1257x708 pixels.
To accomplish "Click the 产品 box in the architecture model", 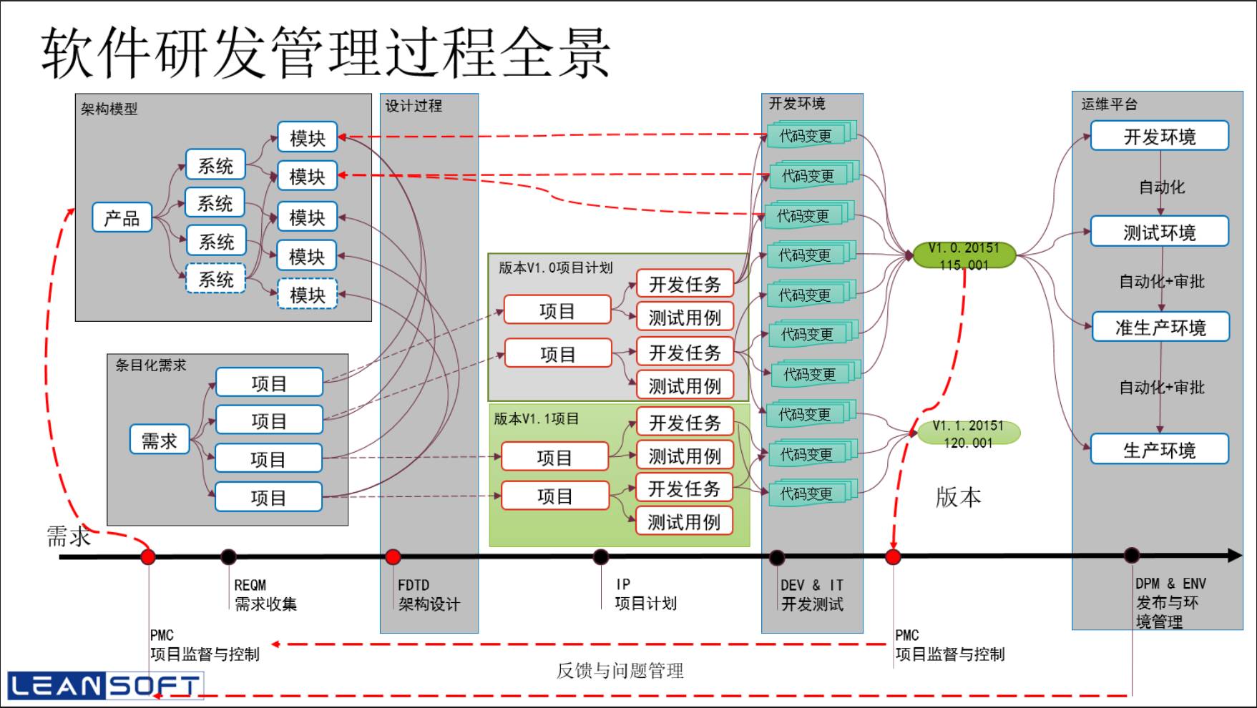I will [x=122, y=218].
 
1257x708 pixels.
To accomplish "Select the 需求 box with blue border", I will [x=159, y=441].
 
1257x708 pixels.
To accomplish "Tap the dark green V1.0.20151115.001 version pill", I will [x=964, y=255].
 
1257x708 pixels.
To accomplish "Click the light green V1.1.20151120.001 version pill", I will [x=968, y=433].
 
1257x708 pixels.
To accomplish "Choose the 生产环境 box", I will [x=1159, y=450].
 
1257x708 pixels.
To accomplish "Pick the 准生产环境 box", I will [x=1160, y=328].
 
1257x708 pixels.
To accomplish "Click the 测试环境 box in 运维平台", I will [x=1159, y=232].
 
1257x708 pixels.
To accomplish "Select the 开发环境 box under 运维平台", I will [x=1159, y=137].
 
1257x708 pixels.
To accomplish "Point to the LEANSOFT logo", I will [x=104, y=686].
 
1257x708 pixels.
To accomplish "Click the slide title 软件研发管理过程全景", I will [x=326, y=53].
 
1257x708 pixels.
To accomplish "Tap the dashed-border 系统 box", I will [x=215, y=279].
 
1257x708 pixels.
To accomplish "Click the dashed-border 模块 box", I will [x=307, y=295].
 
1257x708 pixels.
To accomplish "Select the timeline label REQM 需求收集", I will [x=265, y=595].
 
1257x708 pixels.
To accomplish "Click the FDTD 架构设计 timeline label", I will [x=428, y=595].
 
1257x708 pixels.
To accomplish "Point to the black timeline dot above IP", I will [x=601, y=556].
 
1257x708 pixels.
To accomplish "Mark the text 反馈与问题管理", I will [x=620, y=670].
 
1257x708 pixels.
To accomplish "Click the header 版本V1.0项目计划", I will [x=555, y=267].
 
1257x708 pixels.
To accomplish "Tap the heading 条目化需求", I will [x=150, y=365].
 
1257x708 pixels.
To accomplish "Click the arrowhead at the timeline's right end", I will [x=1235, y=555].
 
